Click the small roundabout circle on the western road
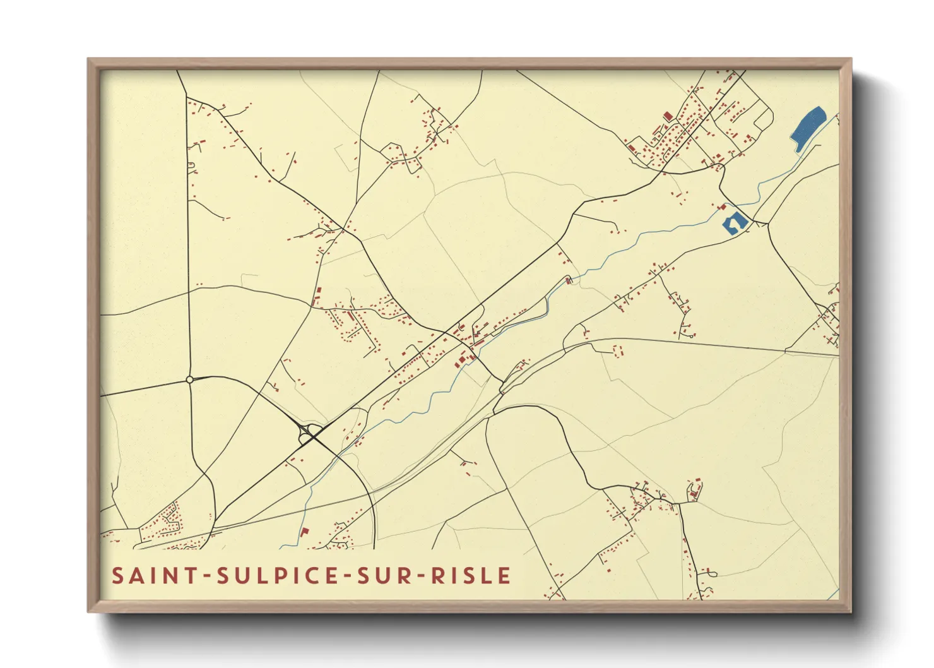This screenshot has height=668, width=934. coord(189,379)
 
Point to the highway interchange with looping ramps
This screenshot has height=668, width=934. coord(309,433)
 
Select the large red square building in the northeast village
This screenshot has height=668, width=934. coord(668,116)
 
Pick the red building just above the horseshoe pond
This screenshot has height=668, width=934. coord(723,206)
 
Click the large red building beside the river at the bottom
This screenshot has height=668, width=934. coord(304,532)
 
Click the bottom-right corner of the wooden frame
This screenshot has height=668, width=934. coord(851,611)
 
